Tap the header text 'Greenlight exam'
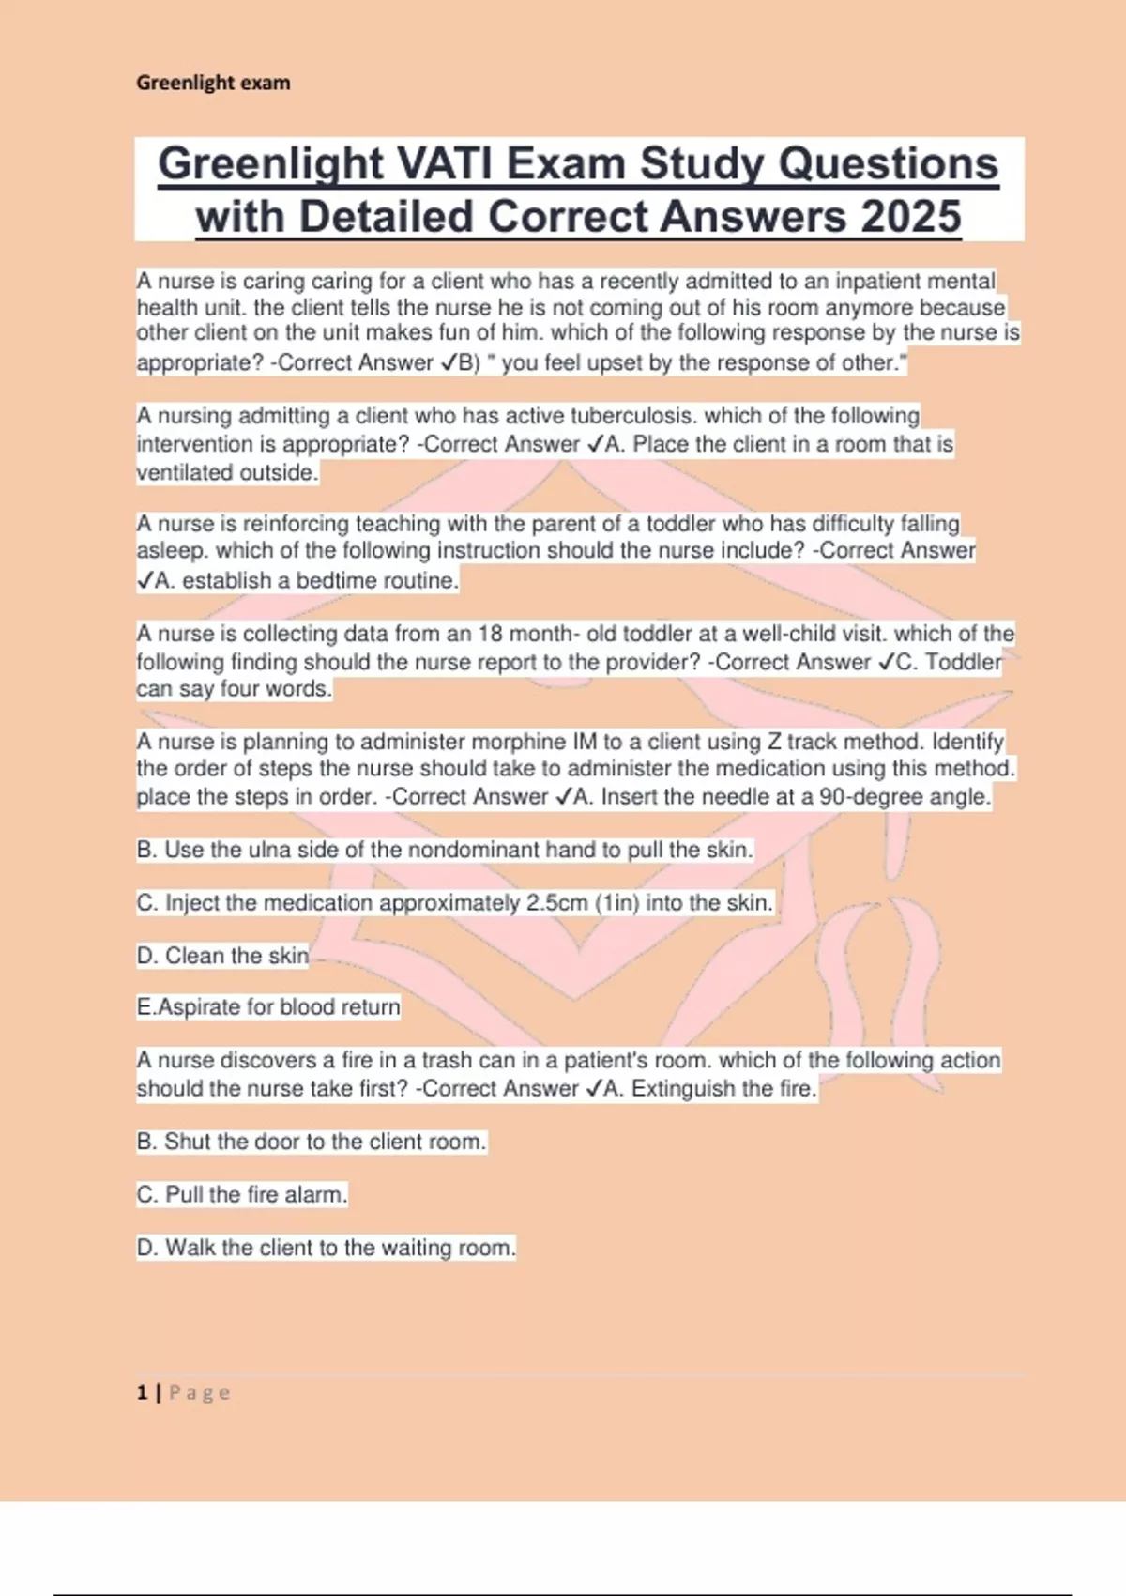click(213, 83)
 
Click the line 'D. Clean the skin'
click(222, 956)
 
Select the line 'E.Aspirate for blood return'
click(268, 1007)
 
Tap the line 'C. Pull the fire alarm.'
click(242, 1195)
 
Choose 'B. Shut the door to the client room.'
click(312, 1142)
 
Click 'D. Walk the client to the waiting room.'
click(327, 1248)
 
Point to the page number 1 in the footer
click(142, 1392)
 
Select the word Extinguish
click(683, 1089)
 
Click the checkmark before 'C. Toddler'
click(886, 663)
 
